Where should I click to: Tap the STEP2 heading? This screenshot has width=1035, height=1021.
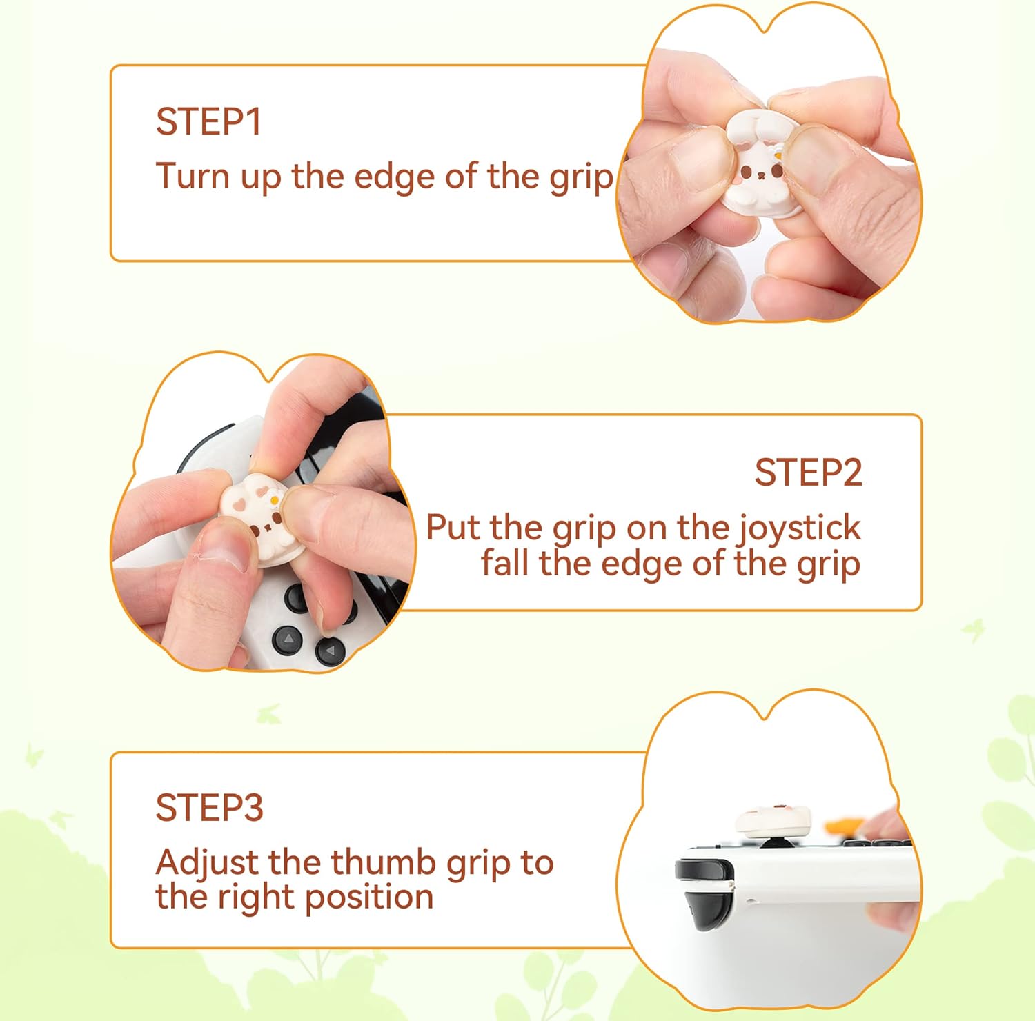tap(808, 473)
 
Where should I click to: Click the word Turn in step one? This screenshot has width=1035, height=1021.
tap(193, 176)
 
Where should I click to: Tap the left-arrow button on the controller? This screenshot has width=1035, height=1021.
tap(331, 650)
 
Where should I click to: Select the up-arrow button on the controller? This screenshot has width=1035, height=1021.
tap(288, 640)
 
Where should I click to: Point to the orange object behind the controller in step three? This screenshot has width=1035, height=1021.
tap(846, 825)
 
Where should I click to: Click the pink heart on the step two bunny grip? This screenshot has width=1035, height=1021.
tap(238, 503)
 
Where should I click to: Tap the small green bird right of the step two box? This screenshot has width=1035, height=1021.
tap(974, 629)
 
